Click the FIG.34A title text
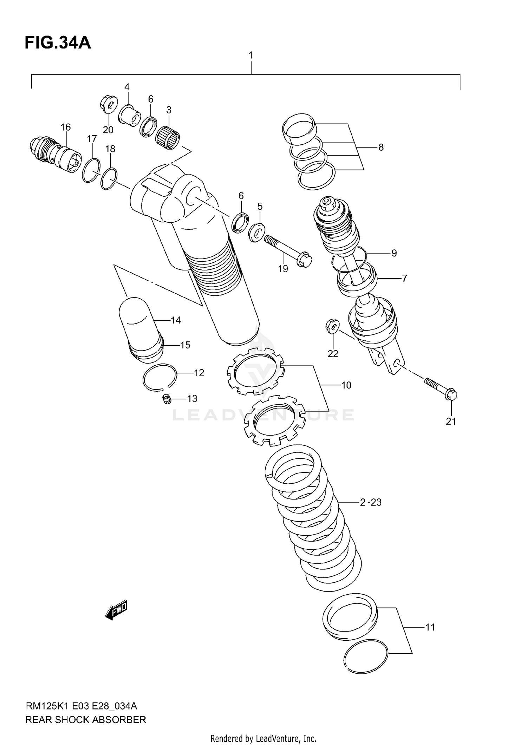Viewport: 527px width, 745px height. [58, 43]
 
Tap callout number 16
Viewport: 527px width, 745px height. [66, 127]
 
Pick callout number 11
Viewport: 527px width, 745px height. [430, 627]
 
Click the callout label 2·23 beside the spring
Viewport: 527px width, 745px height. [371, 502]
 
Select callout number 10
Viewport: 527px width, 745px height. [346, 385]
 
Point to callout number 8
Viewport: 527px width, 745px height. [381, 147]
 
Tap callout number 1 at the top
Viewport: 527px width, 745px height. [251, 55]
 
